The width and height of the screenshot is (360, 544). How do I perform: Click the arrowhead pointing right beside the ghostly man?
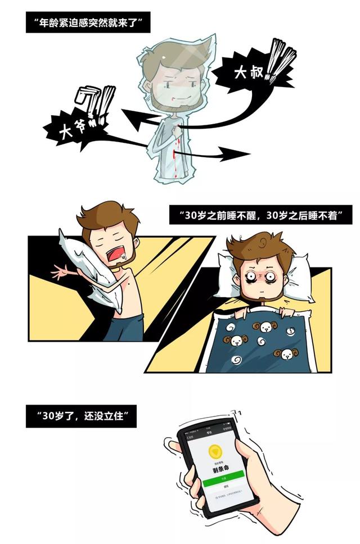point(236,153)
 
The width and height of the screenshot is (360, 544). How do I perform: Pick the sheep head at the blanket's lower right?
point(287,353)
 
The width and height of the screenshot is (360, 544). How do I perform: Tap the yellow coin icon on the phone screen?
point(214,451)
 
